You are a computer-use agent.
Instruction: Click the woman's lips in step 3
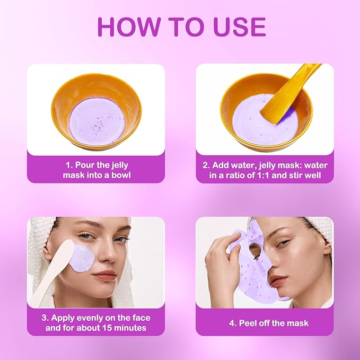click(x=104, y=276)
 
